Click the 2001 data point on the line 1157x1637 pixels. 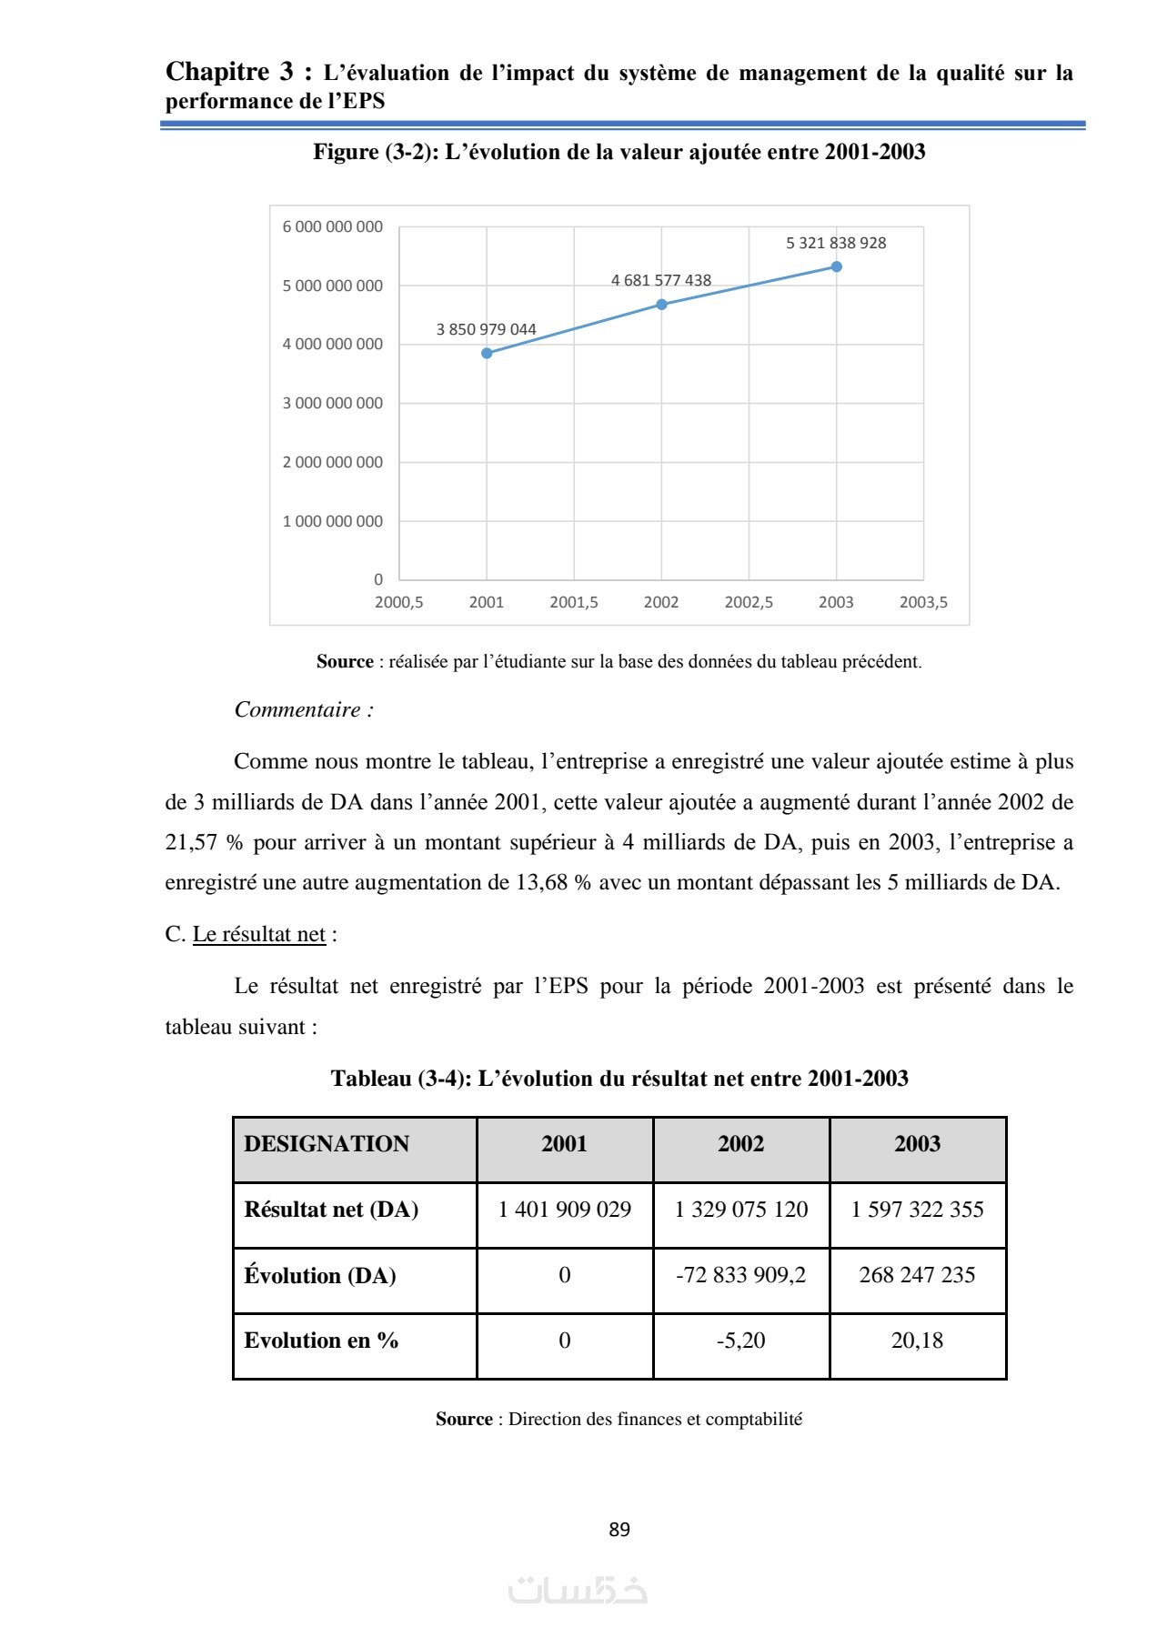tap(487, 353)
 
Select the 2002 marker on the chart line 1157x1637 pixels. tap(661, 305)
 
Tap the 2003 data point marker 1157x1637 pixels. tap(836, 266)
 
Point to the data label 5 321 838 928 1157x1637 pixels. tap(835, 243)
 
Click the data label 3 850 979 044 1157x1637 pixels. tap(486, 329)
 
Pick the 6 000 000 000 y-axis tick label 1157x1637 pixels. tap(332, 226)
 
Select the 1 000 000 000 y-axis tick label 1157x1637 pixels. tap(332, 521)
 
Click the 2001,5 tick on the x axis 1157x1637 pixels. tap(573, 602)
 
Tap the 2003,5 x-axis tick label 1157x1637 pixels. tap(922, 602)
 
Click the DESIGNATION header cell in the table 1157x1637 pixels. tap(327, 1144)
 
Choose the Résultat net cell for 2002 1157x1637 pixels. tap(740, 1210)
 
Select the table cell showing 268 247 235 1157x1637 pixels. tap(917, 1275)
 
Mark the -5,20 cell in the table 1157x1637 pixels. tap(740, 1341)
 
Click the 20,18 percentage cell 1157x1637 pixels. tap(917, 1341)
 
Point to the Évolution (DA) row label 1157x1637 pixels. tap(320, 1276)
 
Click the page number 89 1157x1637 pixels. tap(619, 1530)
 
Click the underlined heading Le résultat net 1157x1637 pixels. tap(258, 934)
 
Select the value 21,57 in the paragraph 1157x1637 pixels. tap(191, 842)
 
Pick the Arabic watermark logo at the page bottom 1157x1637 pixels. tap(578, 1590)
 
